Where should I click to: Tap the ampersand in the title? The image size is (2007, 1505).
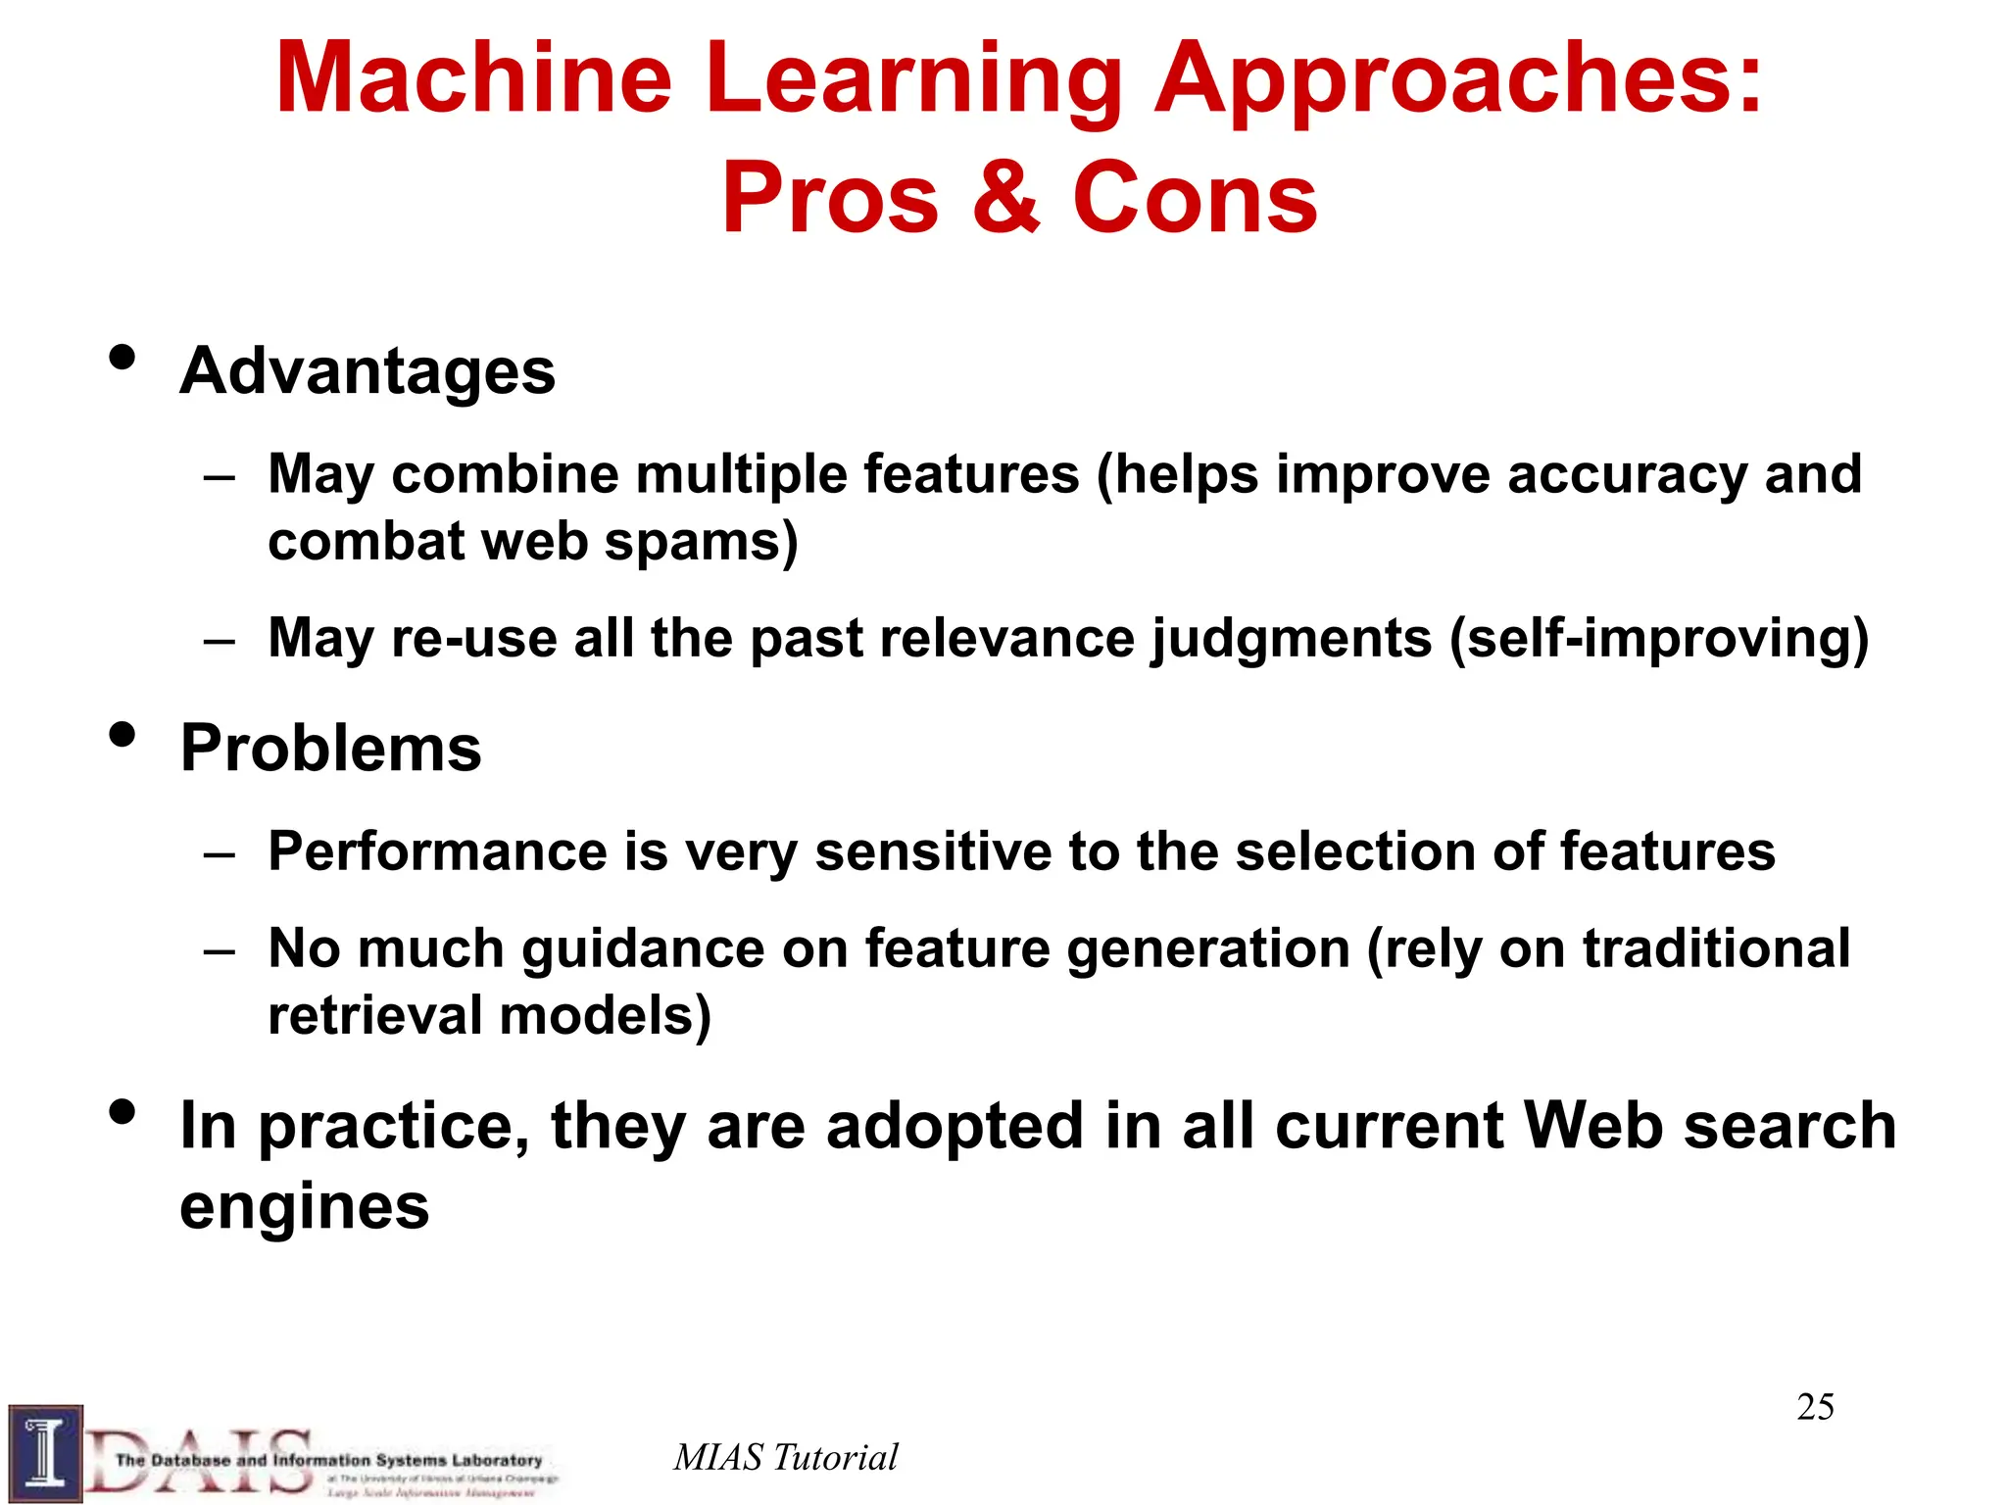[x=1005, y=197]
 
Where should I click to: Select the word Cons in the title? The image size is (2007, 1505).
[x=1195, y=197]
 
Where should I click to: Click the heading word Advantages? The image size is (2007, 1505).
[x=367, y=371]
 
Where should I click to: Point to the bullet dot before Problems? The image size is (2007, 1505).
[x=122, y=734]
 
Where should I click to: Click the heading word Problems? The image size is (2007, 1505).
[x=331, y=749]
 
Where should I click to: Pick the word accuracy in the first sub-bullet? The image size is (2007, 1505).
[x=1627, y=476]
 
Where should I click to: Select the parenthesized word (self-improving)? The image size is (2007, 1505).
[x=1658, y=639]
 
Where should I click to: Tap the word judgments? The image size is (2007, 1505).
[x=1292, y=639]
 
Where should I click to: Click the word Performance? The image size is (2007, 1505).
[x=437, y=850]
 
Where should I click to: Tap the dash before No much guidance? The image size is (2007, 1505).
[x=220, y=950]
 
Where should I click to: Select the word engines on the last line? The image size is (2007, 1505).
[x=304, y=1206]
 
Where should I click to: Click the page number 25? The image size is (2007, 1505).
[x=1815, y=1407]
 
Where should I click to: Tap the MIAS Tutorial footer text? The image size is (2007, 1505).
[x=785, y=1457]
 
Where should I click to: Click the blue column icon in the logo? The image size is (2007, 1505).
[x=45, y=1454]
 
